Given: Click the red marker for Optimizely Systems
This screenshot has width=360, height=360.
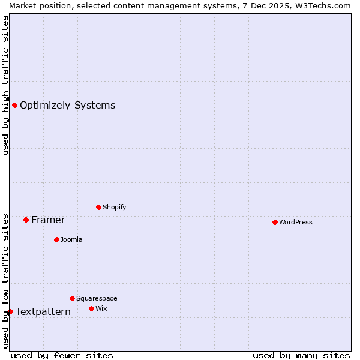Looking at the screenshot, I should pos(14,106).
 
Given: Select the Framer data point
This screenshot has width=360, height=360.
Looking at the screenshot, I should pos(26,220).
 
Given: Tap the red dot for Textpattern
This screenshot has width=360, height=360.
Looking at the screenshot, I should pos(10,311).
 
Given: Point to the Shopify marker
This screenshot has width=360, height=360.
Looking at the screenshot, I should pos(98,207).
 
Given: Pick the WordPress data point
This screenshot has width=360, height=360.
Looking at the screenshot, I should pos(275,222).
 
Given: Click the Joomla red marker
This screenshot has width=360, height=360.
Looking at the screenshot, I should pos(56,239).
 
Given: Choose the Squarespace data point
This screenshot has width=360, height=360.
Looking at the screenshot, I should pos(72,298).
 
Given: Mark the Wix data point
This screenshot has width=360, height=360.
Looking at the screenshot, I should pos(91,308).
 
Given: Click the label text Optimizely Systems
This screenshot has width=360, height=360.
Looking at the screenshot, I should pos(67,106).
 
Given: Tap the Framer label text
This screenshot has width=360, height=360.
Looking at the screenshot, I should pos(48,220).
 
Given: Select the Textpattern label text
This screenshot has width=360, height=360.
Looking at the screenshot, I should pos(43,312).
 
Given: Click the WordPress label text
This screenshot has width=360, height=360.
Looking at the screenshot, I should pos(296,222).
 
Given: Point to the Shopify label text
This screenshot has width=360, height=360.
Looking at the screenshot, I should pos(114,207).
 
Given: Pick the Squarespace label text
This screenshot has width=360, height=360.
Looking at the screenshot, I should pos(97,298).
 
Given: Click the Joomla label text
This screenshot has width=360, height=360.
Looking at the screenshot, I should pos(71,239).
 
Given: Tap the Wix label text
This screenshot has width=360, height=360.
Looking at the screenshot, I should pos(101,308).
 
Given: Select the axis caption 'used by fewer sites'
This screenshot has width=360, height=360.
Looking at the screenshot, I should pos(62,355).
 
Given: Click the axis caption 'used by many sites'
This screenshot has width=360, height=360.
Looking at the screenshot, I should pos(301,355).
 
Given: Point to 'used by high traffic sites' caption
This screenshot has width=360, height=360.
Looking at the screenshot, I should pos(5,85).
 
